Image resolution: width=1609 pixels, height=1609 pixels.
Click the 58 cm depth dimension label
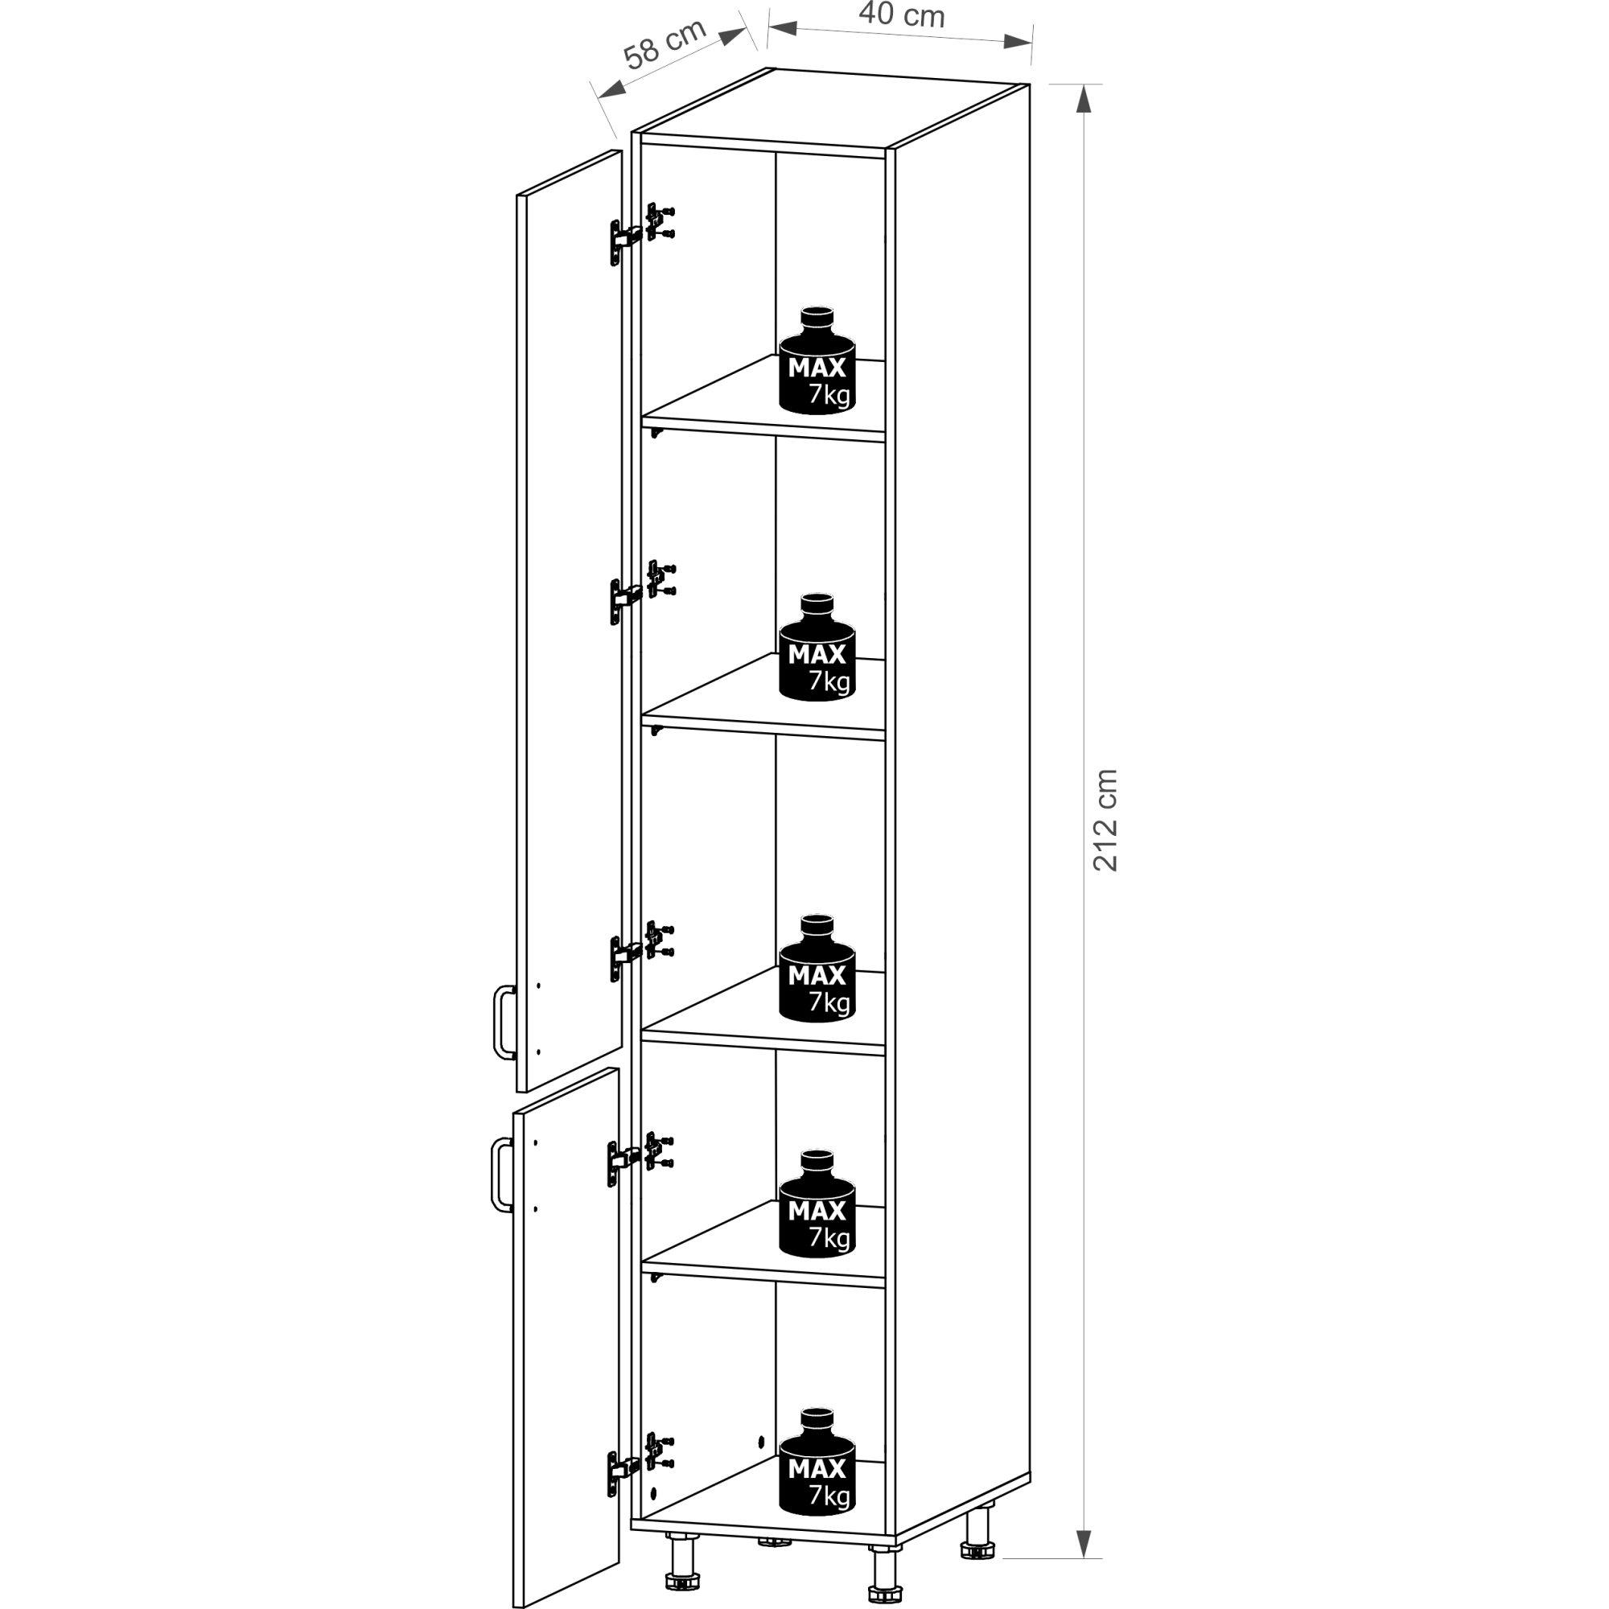665,43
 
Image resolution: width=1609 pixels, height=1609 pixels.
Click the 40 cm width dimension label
902,14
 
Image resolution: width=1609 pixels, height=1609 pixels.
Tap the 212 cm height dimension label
1105,821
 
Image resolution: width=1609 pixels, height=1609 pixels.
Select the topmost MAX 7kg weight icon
818,360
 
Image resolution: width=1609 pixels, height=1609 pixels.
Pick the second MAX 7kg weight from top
818,647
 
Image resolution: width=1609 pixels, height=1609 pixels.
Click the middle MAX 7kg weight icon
818,968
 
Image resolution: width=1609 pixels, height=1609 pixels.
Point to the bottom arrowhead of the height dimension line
1083,1542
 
